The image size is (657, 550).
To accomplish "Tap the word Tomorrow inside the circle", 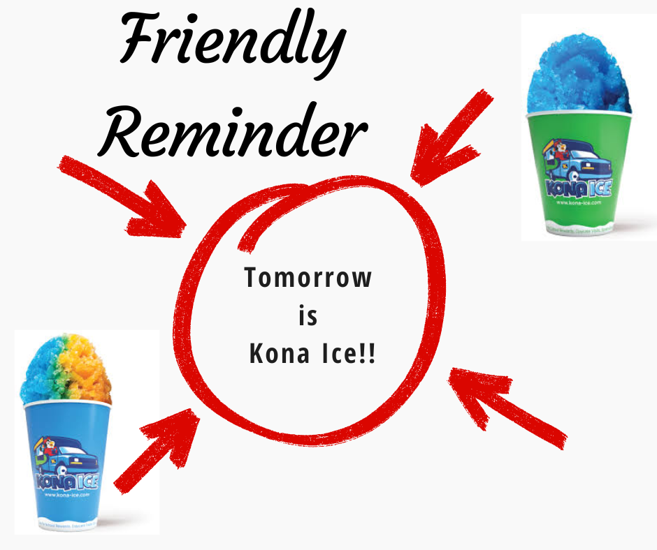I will tap(308, 278).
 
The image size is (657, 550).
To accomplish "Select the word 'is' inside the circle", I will tap(308, 316).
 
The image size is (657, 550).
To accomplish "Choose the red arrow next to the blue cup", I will tap(157, 447).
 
